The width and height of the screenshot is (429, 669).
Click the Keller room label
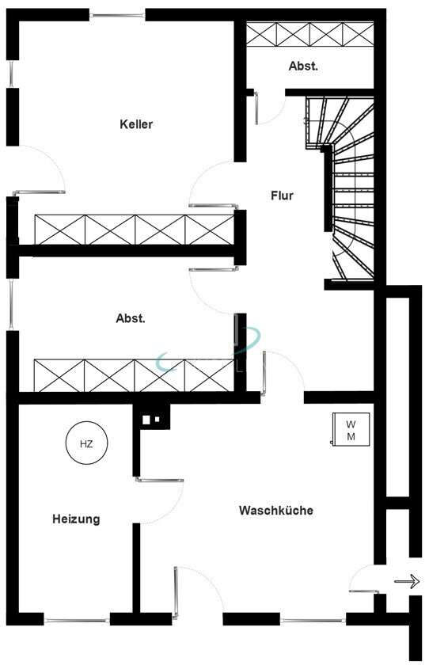pos(136,124)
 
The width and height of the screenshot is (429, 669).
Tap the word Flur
pos(283,195)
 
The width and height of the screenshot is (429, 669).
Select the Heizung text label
pos(76,519)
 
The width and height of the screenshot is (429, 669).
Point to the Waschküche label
pos(275,511)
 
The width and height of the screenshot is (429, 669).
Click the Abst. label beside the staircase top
pos(303,67)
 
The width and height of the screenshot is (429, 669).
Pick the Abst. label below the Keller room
pos(131,318)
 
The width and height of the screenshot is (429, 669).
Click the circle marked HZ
pos(86,444)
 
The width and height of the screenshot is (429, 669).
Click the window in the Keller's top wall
pos(117,14)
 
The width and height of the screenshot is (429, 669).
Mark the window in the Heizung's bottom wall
pos(77,620)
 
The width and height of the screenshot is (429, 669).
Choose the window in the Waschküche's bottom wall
pos(313,620)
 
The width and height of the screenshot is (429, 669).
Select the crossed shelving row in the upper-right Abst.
pos(309,34)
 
